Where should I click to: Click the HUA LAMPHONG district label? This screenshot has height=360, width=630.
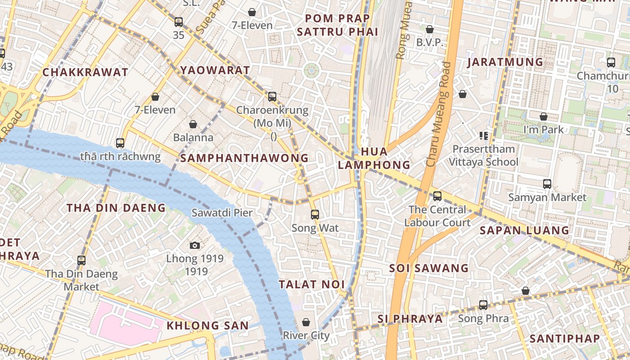[x=374, y=158]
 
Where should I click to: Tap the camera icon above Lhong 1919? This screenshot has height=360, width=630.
[x=194, y=245]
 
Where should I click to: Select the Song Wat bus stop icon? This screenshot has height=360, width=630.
[x=315, y=215]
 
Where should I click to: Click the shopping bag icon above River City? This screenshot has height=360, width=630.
[x=306, y=322]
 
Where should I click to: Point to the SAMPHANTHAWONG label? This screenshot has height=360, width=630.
[x=244, y=158]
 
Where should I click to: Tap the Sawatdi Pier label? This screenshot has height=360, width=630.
[x=222, y=213]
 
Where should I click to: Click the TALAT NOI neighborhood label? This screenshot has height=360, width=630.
[x=311, y=284]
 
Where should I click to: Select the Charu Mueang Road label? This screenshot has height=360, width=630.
[x=439, y=115]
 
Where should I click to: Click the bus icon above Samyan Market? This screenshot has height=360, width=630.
[x=547, y=184]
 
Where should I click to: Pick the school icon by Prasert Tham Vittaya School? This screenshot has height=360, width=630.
[x=484, y=135]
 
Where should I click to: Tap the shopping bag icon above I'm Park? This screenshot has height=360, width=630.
[x=544, y=117]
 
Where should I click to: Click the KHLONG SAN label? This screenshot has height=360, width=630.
[x=207, y=325]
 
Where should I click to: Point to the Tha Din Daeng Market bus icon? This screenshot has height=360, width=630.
[x=81, y=260]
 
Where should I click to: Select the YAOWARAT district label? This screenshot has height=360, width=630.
[x=215, y=70]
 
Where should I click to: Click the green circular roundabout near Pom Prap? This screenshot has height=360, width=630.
[x=311, y=70]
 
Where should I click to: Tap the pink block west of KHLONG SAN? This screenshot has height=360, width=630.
[x=128, y=320]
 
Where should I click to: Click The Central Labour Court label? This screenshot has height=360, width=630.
[x=437, y=216]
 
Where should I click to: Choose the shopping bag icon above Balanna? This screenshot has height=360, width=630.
[x=193, y=124]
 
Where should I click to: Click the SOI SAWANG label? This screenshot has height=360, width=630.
[x=429, y=268]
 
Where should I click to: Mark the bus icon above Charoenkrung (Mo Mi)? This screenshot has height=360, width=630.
[x=272, y=96]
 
